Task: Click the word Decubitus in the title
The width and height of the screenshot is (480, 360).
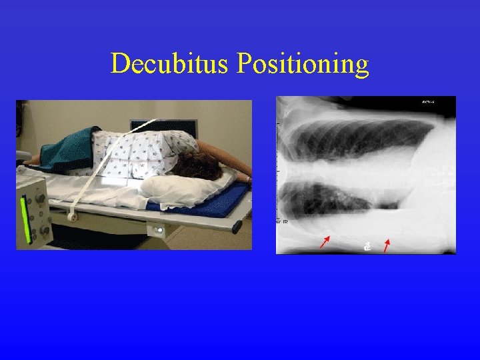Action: [170, 64]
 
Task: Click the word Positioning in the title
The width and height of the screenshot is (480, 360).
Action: [303, 65]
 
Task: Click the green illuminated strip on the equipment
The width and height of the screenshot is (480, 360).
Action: [27, 218]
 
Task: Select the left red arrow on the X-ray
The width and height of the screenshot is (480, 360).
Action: [325, 241]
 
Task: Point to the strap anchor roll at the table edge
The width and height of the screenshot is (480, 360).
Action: [73, 215]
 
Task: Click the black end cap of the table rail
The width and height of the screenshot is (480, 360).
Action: [237, 226]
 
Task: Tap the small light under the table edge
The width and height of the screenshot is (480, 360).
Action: [158, 230]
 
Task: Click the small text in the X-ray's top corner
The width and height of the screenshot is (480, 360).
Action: [428, 102]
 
